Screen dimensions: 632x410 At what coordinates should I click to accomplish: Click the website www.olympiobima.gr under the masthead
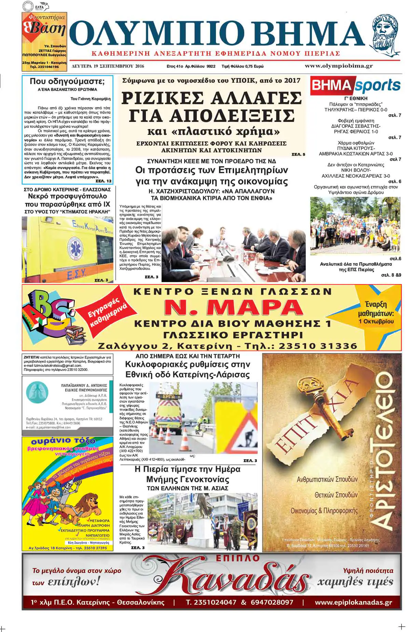point(339,66)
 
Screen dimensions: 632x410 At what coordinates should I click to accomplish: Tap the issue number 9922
point(211,67)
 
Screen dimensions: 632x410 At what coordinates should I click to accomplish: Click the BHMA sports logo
point(356,86)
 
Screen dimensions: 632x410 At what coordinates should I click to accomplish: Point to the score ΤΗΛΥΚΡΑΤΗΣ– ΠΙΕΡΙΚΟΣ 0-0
point(356,110)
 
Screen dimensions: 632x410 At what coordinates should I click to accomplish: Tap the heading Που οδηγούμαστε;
point(67,81)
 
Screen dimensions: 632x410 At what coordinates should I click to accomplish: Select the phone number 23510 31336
point(318,346)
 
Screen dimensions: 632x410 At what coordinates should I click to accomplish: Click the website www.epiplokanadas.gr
point(353,602)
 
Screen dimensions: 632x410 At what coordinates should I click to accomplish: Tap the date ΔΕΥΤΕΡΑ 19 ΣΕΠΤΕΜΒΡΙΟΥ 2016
point(108,67)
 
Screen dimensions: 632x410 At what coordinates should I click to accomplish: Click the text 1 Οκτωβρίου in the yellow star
point(376,321)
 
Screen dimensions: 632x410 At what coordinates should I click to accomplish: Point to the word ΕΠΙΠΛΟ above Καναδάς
point(238,559)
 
